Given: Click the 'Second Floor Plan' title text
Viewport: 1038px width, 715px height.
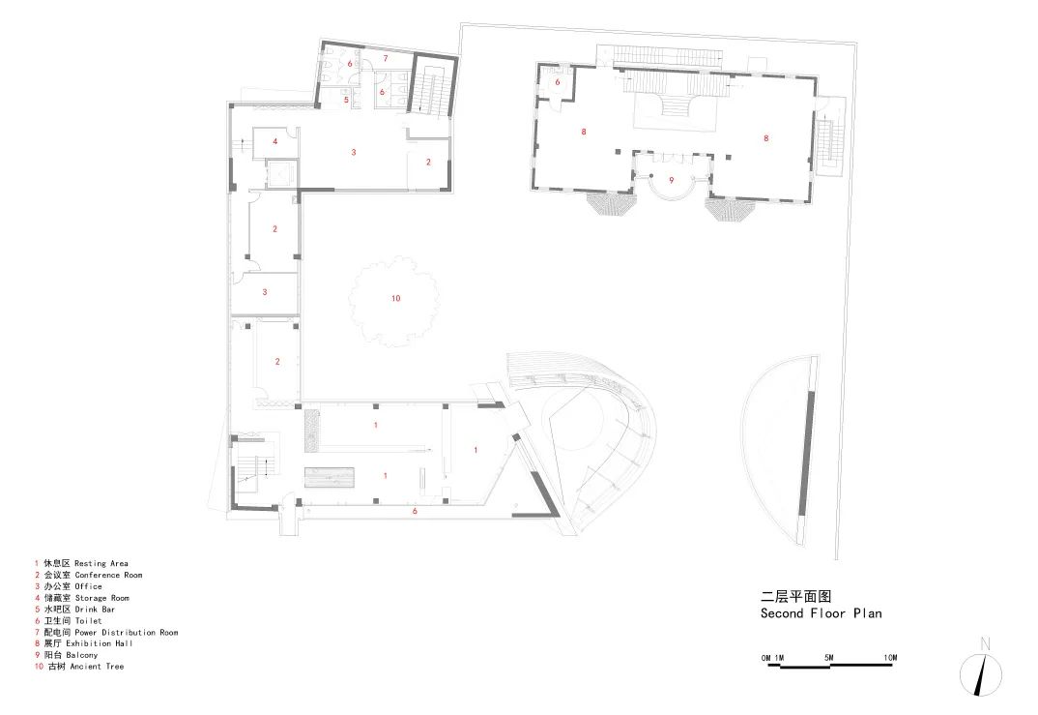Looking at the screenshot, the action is (821, 613).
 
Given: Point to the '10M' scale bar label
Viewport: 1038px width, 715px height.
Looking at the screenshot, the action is (890, 658).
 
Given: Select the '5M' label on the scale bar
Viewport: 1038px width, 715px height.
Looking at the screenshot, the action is (829, 658).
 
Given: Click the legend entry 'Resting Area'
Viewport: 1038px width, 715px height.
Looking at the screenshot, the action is (101, 564).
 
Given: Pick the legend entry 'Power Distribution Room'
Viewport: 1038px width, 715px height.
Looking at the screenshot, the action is (127, 633).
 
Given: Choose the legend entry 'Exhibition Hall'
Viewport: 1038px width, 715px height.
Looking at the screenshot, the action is (100, 643).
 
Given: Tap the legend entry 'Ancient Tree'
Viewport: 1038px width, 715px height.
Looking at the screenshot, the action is (97, 667).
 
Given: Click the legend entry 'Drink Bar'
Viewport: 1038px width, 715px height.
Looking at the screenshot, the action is (95, 610).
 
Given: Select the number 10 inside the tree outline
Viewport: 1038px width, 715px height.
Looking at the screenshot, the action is (396, 298).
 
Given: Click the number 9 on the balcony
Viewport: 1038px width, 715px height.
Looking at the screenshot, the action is (672, 180).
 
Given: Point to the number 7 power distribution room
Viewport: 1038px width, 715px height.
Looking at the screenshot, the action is (386, 59).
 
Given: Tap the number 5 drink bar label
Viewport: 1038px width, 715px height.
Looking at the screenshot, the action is (346, 100).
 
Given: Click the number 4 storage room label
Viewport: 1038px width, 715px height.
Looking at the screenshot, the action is (275, 141).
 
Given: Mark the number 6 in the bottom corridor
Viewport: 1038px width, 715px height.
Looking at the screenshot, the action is (415, 511).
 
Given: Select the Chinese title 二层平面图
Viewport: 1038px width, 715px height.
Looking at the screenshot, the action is (795, 596).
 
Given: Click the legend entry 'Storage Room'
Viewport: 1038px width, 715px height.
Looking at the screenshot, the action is (101, 598).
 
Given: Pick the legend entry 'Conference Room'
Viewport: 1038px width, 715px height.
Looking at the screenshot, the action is (108, 575).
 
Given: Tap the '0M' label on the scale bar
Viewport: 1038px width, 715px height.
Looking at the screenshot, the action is (765, 658).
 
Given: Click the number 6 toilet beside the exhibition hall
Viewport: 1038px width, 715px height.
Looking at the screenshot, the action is (558, 83).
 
